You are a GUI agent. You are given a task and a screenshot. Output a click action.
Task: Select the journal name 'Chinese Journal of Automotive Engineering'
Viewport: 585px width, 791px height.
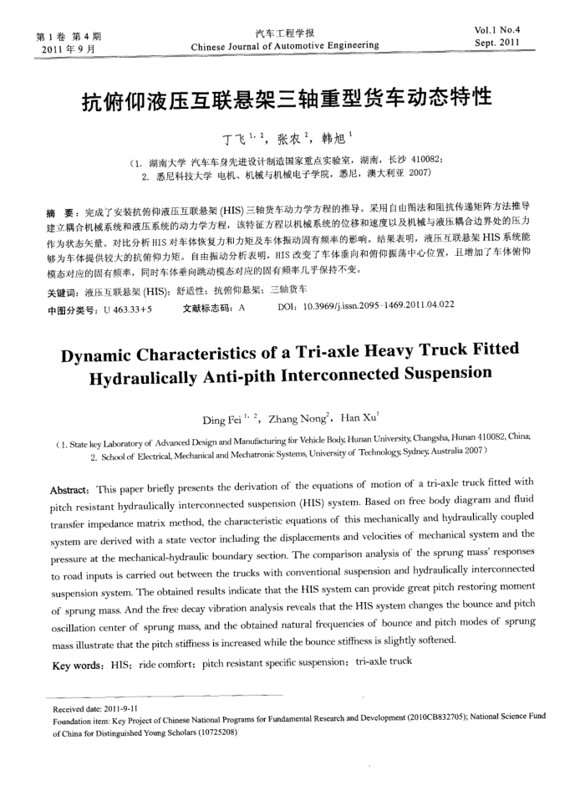coord(285,46)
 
